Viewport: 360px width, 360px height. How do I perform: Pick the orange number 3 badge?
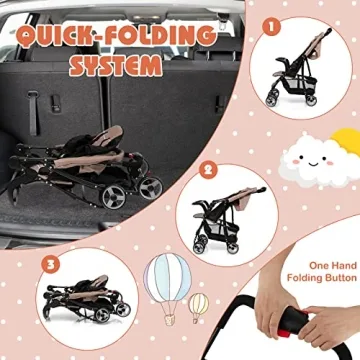pos(50,264)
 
